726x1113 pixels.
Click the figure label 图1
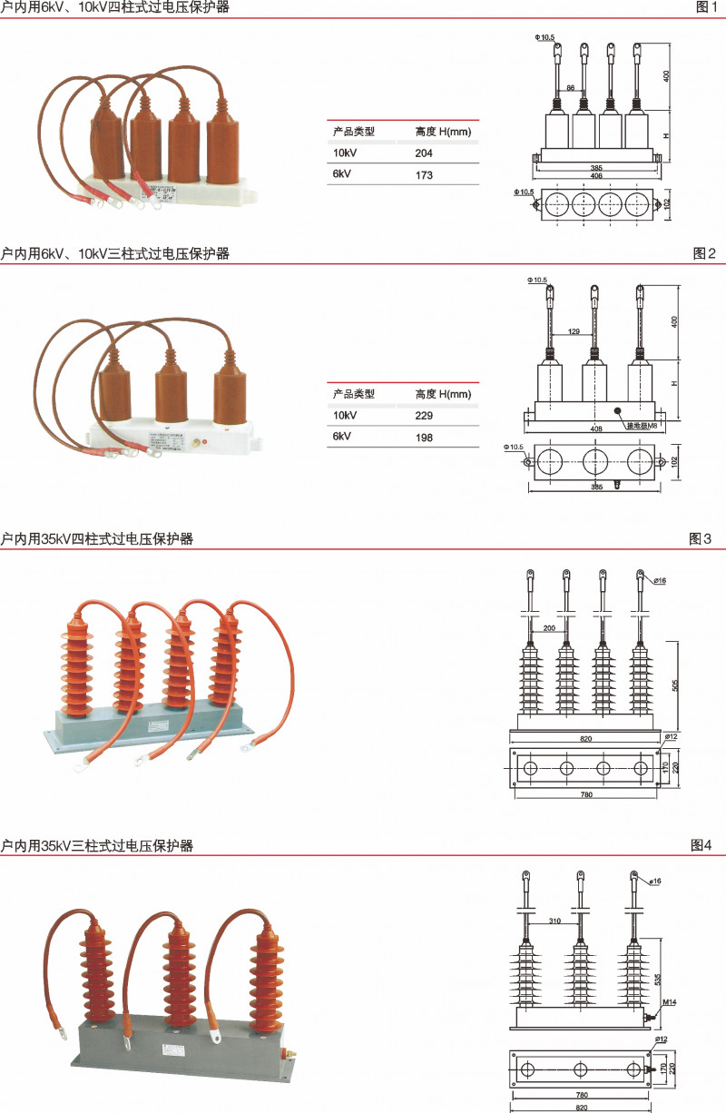[705, 7]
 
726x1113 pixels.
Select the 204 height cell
[425, 153]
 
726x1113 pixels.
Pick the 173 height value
[424, 174]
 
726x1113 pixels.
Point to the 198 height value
[424, 438]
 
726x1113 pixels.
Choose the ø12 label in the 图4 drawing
[661, 1039]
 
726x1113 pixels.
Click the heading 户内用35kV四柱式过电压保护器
[97, 539]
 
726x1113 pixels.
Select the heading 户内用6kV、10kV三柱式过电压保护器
[115, 254]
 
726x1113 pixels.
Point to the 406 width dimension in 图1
[597, 176]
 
